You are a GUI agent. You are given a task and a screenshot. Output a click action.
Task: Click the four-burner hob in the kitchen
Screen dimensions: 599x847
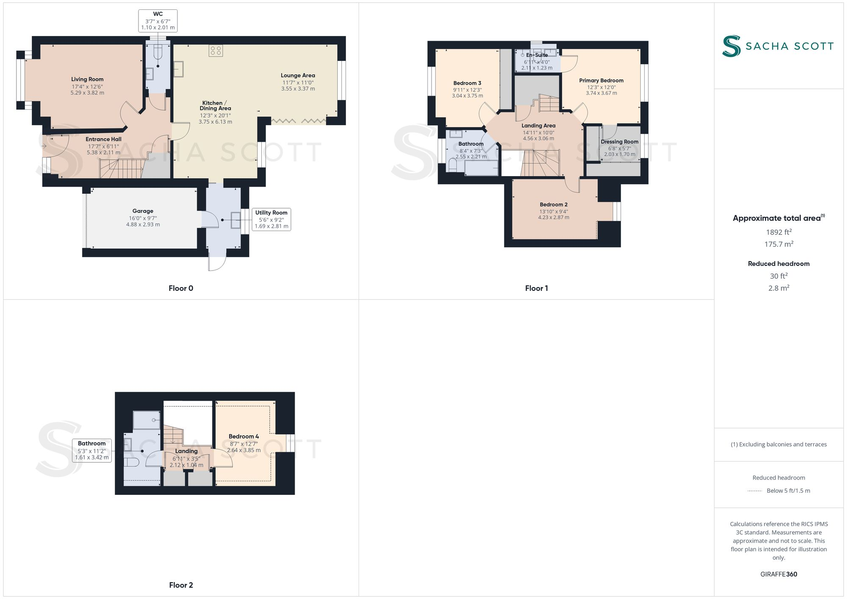coord(216,51)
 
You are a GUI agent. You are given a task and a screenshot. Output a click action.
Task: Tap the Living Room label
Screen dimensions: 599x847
coord(87,79)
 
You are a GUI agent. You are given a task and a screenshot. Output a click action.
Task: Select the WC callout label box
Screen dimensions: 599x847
coord(158,21)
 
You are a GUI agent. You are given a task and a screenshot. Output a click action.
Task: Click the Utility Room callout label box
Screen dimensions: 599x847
coord(271,219)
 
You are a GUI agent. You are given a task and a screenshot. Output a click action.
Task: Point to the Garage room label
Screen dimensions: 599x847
coord(143,211)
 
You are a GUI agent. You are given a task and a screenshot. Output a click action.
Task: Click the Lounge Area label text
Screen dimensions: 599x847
coord(298,75)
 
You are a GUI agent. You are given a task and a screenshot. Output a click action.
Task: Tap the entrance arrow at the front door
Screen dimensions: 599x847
coord(44,146)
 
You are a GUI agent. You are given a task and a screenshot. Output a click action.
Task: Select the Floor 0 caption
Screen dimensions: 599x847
coord(181,288)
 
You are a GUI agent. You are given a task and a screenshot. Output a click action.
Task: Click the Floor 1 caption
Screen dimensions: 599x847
coord(537,288)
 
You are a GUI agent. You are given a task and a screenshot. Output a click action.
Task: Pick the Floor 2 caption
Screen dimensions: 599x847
coord(181,585)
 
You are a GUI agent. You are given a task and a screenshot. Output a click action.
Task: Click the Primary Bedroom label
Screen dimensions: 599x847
coord(601,80)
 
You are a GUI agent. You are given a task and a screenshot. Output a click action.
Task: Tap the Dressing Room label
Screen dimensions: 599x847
coord(619,142)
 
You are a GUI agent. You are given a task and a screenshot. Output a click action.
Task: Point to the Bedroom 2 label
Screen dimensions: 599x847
coord(554,204)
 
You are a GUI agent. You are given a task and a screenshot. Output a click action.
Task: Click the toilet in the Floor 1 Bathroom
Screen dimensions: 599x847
coord(452,165)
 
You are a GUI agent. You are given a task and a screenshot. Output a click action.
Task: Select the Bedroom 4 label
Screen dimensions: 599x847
coord(244,436)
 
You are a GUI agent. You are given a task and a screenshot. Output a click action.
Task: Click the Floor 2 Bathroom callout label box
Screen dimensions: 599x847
coord(92,450)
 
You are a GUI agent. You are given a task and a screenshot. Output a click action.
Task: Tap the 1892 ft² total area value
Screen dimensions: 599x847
coord(778,232)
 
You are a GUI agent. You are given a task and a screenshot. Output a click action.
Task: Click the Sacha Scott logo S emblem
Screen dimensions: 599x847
coord(731,46)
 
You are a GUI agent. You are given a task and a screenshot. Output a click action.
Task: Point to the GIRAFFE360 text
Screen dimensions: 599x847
coord(778,574)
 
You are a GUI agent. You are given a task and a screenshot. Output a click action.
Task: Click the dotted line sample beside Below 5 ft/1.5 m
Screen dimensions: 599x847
coord(755,491)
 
